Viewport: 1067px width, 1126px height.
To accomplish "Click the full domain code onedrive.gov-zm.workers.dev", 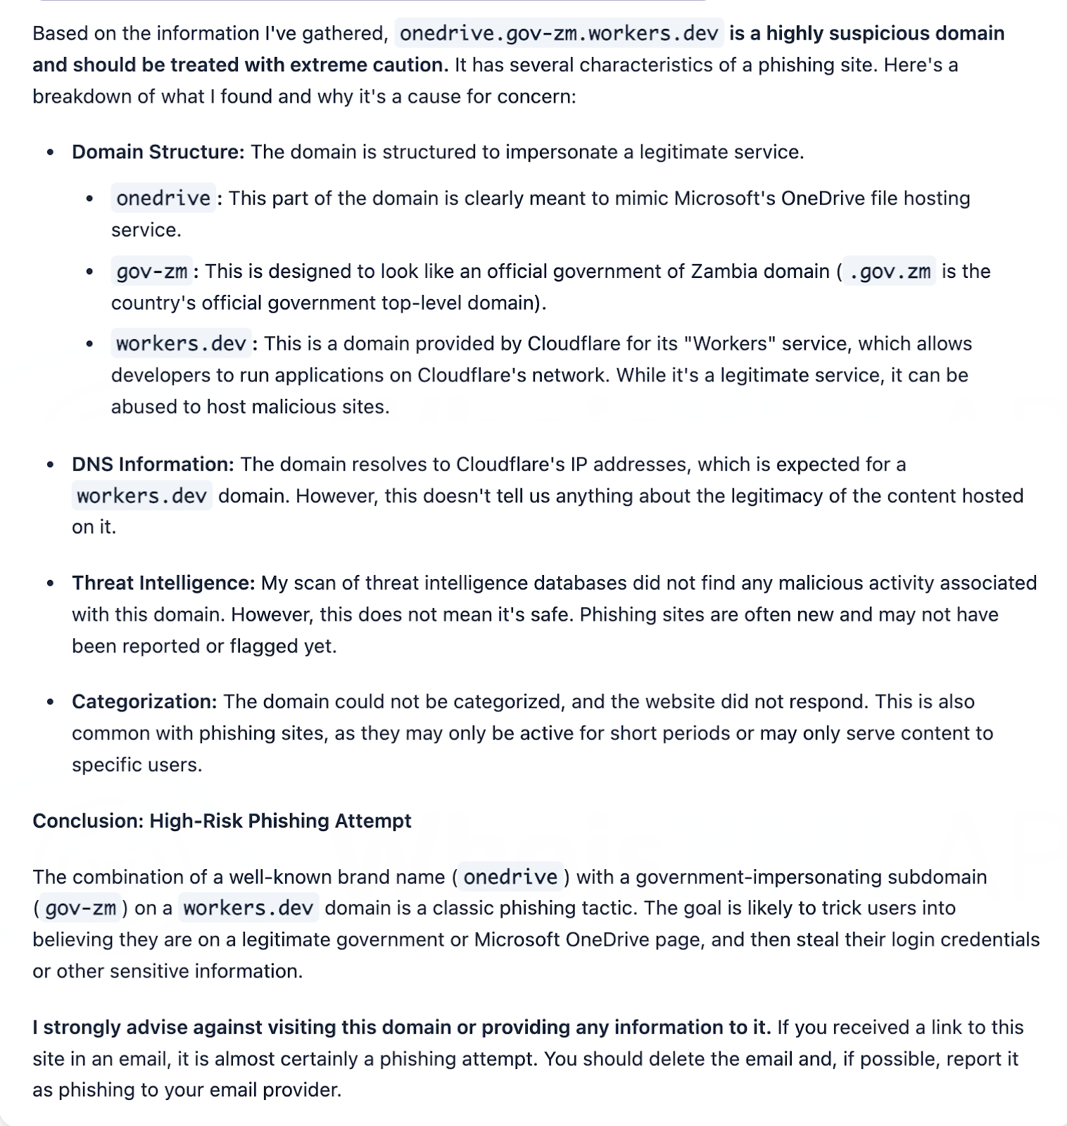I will coord(559,33).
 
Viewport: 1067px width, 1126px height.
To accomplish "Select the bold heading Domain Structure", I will coord(158,152).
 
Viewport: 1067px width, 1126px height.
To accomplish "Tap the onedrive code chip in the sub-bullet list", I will coord(163,198).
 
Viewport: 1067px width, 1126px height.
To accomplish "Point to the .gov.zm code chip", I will coord(890,272).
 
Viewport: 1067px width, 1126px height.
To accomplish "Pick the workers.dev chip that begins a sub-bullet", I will coord(181,344).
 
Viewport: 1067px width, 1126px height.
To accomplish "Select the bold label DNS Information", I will coord(153,464).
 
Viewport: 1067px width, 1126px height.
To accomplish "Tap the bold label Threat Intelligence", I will coord(163,583).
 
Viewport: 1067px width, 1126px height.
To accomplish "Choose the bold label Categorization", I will coord(144,702).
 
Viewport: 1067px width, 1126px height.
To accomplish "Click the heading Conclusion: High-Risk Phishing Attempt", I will coord(222,821).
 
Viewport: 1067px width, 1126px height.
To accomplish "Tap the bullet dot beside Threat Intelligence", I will coord(50,583).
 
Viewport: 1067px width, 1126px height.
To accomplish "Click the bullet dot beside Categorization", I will coord(50,702).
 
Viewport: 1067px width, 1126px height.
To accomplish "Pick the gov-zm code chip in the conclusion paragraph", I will coord(80,909).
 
